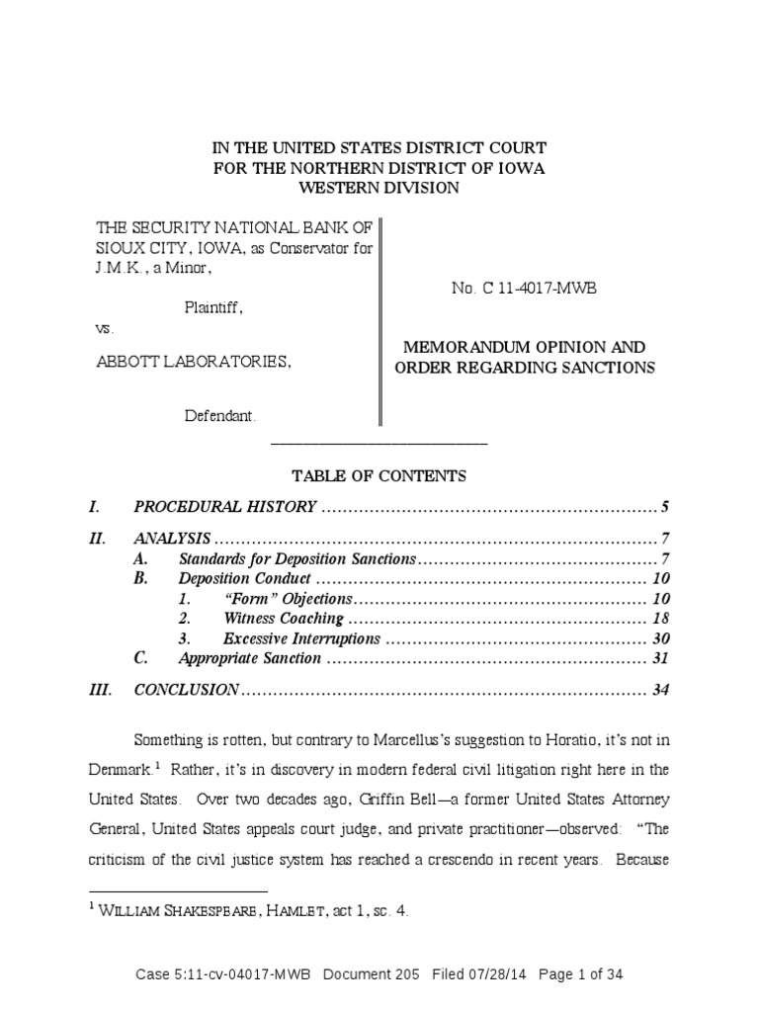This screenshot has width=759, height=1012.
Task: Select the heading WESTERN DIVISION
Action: [379, 188]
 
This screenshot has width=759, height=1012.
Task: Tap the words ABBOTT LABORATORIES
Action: [194, 363]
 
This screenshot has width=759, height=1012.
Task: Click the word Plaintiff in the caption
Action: [213, 307]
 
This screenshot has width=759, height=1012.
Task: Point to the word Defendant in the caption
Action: [220, 416]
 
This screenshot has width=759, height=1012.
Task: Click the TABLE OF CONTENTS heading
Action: [379, 476]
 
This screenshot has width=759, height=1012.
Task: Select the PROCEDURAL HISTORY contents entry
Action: [224, 508]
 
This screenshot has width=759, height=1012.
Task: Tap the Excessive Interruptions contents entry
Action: [300, 638]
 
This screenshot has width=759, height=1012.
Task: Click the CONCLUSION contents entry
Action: [186, 690]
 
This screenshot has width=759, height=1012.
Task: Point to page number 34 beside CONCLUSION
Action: [661, 690]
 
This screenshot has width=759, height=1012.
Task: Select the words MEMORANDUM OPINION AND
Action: [523, 348]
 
